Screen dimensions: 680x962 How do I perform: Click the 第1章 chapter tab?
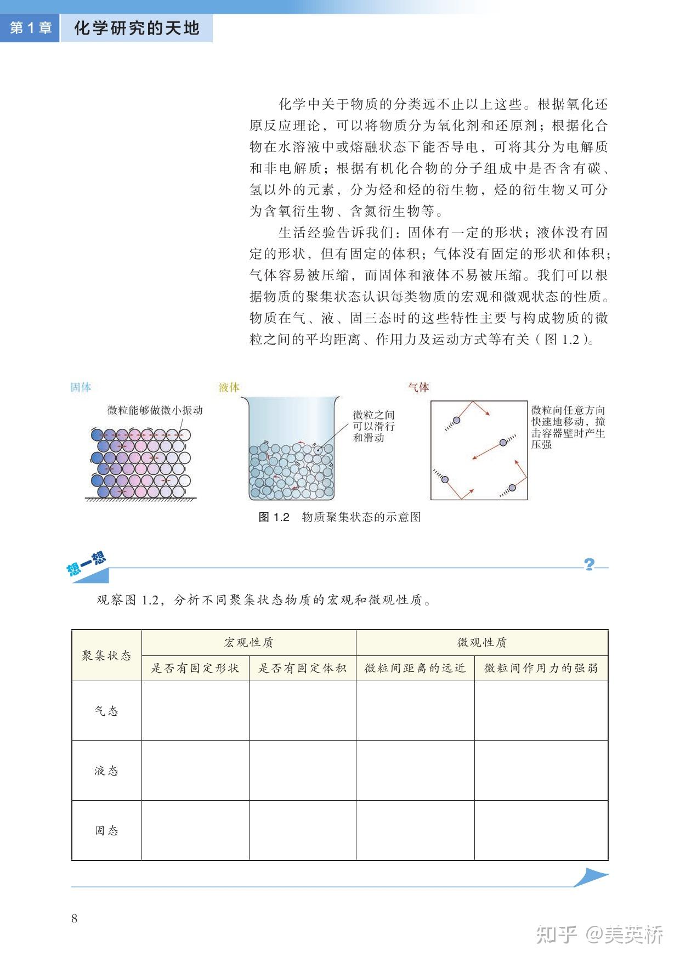[x=30, y=28]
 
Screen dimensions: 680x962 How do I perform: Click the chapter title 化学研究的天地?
[x=137, y=28]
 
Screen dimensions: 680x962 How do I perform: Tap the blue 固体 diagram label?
[x=81, y=387]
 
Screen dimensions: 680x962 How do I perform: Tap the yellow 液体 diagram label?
[x=229, y=387]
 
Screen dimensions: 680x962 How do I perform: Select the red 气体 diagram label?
[x=418, y=387]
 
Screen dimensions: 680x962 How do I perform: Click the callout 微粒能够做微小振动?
[x=155, y=410]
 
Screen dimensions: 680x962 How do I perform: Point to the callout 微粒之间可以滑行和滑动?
[x=373, y=426]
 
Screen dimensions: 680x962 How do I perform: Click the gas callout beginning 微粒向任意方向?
[x=568, y=427]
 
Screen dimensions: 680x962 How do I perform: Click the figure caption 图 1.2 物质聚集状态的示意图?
[x=339, y=517]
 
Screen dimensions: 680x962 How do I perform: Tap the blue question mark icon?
[x=590, y=564]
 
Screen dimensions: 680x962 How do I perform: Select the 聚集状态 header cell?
[x=106, y=655]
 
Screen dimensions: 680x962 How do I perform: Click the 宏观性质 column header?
[x=248, y=642]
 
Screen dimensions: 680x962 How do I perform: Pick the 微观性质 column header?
[x=482, y=642]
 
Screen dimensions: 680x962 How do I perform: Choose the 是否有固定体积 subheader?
[x=302, y=668]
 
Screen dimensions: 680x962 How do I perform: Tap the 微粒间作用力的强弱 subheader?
[x=541, y=668]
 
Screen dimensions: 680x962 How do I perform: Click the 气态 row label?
[x=106, y=711]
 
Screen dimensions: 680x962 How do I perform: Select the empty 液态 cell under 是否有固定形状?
[x=195, y=771]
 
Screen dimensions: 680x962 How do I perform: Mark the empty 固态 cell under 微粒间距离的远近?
[x=415, y=830]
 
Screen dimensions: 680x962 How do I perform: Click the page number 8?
[x=75, y=919]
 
